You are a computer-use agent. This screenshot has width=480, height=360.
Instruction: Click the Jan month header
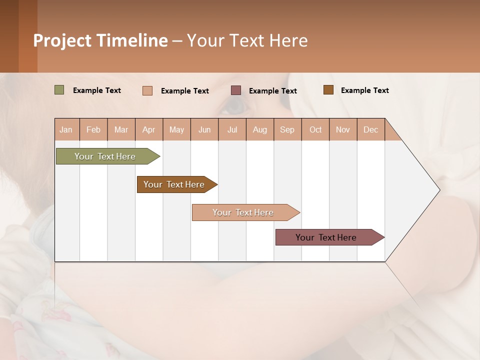(66, 129)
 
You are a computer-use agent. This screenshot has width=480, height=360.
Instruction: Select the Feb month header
(93, 129)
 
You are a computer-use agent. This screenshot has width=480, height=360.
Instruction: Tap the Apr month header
(148, 129)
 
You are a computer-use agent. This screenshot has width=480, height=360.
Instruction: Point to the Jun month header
(204, 129)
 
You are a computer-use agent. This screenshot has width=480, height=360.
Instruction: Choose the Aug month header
(259, 129)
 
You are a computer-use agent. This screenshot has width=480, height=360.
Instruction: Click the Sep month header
(287, 129)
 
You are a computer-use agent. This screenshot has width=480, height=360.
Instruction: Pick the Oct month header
(315, 129)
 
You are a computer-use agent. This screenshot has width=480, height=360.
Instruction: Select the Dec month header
(370, 129)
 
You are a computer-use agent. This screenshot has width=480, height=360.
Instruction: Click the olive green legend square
(59, 90)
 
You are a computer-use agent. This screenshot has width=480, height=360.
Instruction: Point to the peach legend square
(147, 90)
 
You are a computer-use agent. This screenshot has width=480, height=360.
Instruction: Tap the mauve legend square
(236, 90)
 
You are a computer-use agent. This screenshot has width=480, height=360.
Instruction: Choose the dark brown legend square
(328, 90)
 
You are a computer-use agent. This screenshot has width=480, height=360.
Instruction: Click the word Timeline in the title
(132, 40)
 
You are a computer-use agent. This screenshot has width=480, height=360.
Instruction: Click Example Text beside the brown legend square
(364, 90)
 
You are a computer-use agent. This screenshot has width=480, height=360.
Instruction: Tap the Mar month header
(121, 129)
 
